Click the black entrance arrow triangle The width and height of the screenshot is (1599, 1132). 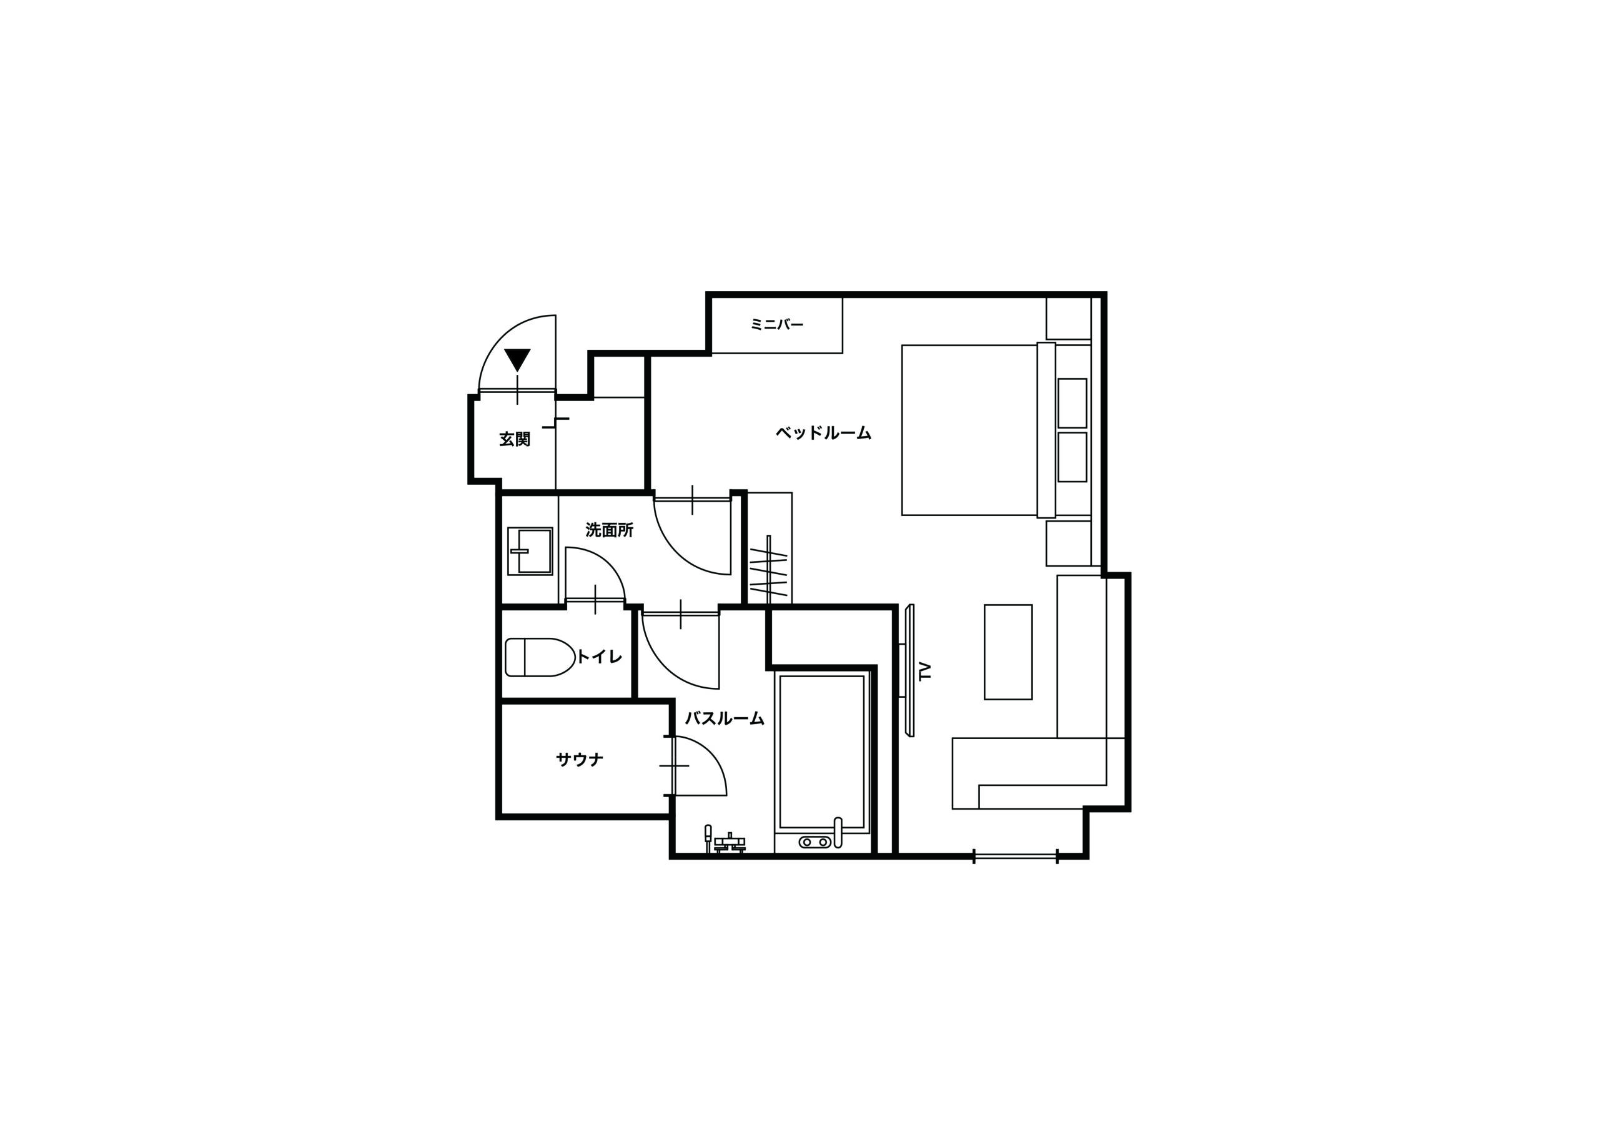518,359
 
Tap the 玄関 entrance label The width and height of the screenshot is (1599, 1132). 515,439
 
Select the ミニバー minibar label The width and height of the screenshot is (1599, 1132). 777,324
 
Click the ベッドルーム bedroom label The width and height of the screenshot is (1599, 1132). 823,433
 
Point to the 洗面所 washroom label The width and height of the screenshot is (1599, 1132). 610,530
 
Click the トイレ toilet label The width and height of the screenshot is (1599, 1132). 600,656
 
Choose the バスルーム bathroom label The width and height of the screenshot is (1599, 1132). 725,718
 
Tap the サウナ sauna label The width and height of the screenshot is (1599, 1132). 580,760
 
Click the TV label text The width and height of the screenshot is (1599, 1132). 926,671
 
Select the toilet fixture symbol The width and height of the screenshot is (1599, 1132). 540,657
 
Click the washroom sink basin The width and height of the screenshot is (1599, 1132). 530,550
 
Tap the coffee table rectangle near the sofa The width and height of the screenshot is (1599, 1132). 1007,652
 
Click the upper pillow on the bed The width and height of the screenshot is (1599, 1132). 1072,403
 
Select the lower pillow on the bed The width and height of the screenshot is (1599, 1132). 1072,457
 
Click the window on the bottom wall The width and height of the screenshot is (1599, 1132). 1016,856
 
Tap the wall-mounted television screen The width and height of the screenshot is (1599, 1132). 909,670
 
